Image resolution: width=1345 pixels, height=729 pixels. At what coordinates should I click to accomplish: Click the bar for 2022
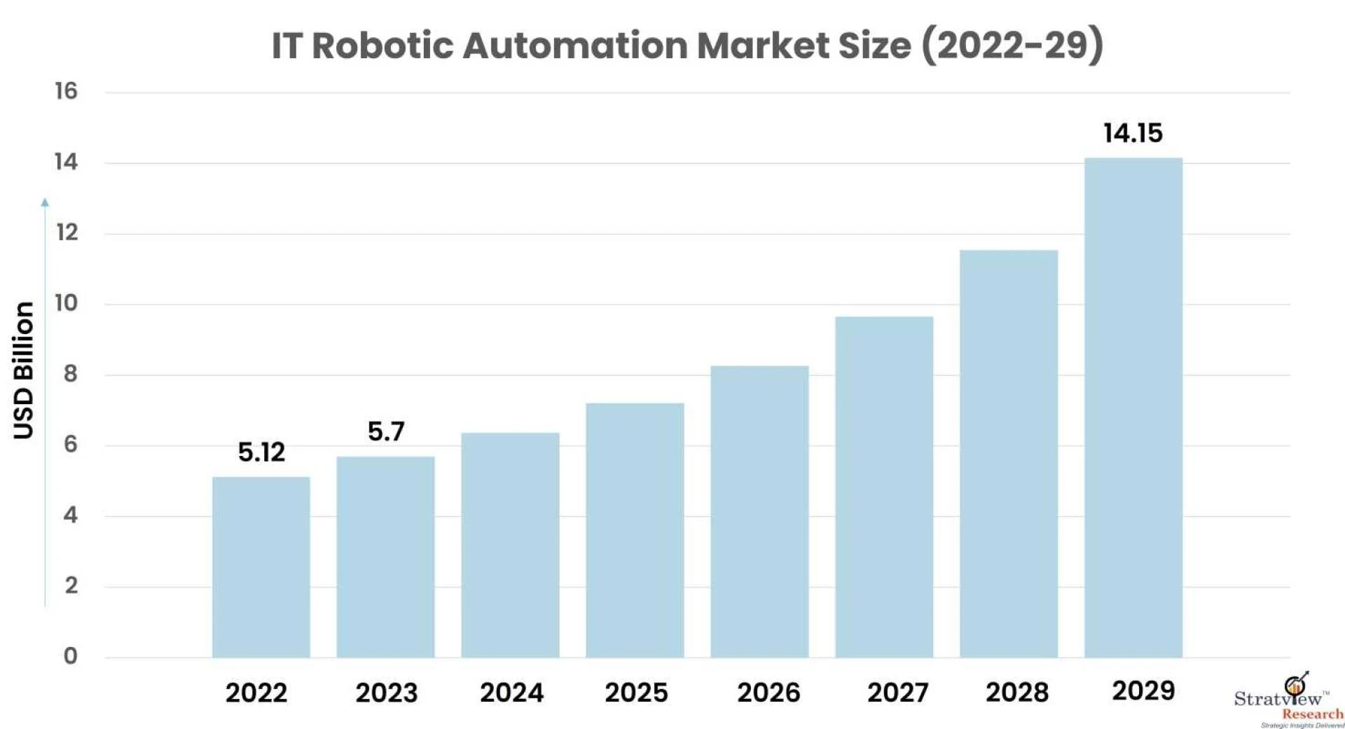point(261,567)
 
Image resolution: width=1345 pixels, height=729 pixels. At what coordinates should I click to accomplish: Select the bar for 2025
point(635,530)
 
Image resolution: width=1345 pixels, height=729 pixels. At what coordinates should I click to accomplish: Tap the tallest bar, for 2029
point(1133,408)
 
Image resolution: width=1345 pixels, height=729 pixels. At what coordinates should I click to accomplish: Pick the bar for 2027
point(883,487)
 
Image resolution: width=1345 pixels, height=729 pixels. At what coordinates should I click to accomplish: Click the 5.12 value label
point(261,452)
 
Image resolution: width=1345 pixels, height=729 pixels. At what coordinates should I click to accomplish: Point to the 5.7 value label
point(386,431)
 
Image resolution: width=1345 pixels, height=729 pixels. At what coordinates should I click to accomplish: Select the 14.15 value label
point(1133,133)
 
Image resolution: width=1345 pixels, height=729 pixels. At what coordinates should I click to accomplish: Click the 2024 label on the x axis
point(511,693)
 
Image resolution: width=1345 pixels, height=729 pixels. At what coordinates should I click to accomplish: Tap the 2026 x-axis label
point(768,693)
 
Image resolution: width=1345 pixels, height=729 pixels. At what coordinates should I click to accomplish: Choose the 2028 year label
point(1016,693)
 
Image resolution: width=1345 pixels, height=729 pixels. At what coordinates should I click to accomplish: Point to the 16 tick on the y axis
point(67,91)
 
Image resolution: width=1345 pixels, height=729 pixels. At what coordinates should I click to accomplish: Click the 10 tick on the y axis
point(67,303)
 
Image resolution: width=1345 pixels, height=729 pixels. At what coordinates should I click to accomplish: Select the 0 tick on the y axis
point(70,656)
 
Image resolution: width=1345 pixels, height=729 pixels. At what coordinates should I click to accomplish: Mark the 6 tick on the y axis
point(70,444)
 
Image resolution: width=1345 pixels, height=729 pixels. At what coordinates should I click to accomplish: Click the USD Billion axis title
point(24,370)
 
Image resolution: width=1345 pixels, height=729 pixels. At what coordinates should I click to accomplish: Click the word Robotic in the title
point(382,46)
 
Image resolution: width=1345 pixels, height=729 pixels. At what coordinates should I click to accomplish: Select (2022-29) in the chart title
point(1012,46)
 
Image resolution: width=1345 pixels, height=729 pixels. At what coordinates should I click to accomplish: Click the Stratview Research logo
point(1289,700)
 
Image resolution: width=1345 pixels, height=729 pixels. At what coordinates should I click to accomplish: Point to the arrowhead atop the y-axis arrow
point(45,202)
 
